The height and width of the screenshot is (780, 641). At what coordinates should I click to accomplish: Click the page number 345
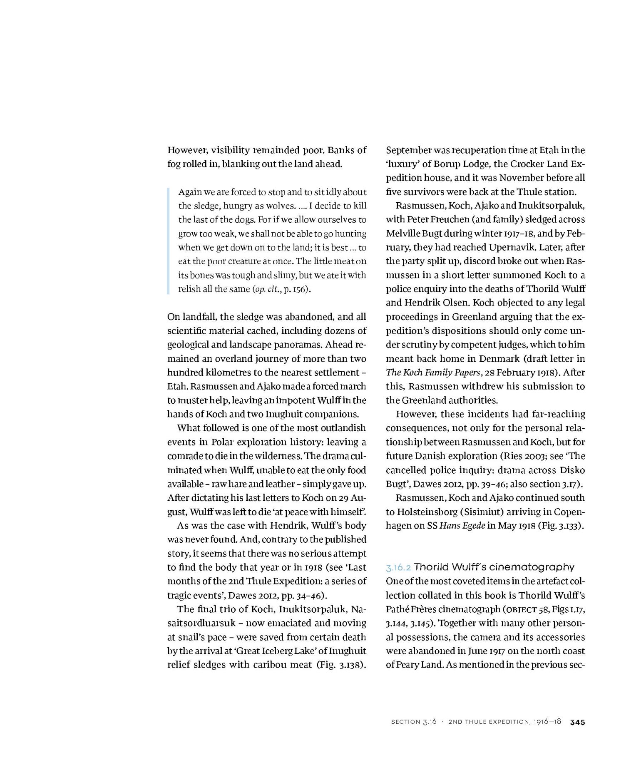click(577, 722)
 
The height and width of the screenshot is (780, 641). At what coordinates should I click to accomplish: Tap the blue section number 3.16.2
click(398, 567)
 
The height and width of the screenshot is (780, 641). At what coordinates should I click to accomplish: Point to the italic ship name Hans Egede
click(462, 526)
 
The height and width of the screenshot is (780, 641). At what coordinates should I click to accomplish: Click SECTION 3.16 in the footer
click(414, 722)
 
